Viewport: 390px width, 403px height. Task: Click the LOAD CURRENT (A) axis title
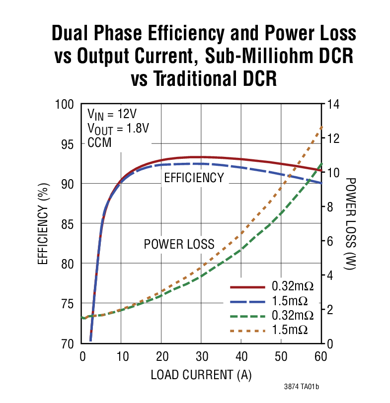pos(201,374)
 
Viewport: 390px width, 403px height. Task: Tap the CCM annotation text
pos(99,142)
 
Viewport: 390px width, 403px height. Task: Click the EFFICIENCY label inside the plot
pos(194,178)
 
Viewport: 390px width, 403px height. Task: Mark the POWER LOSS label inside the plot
pos(179,244)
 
